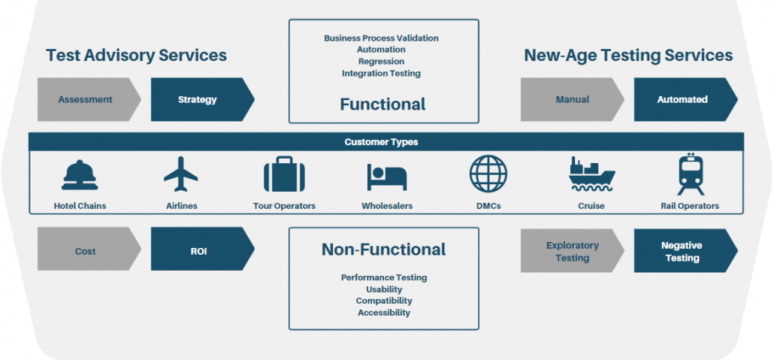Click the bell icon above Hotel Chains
80,175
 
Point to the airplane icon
181,174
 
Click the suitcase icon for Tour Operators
284,174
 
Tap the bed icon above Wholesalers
386,177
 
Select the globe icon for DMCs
488,174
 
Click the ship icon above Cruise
591,175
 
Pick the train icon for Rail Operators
691,174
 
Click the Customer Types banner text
381,142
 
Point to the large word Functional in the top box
382,104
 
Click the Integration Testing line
381,74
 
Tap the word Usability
384,289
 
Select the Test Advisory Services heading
136,55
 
